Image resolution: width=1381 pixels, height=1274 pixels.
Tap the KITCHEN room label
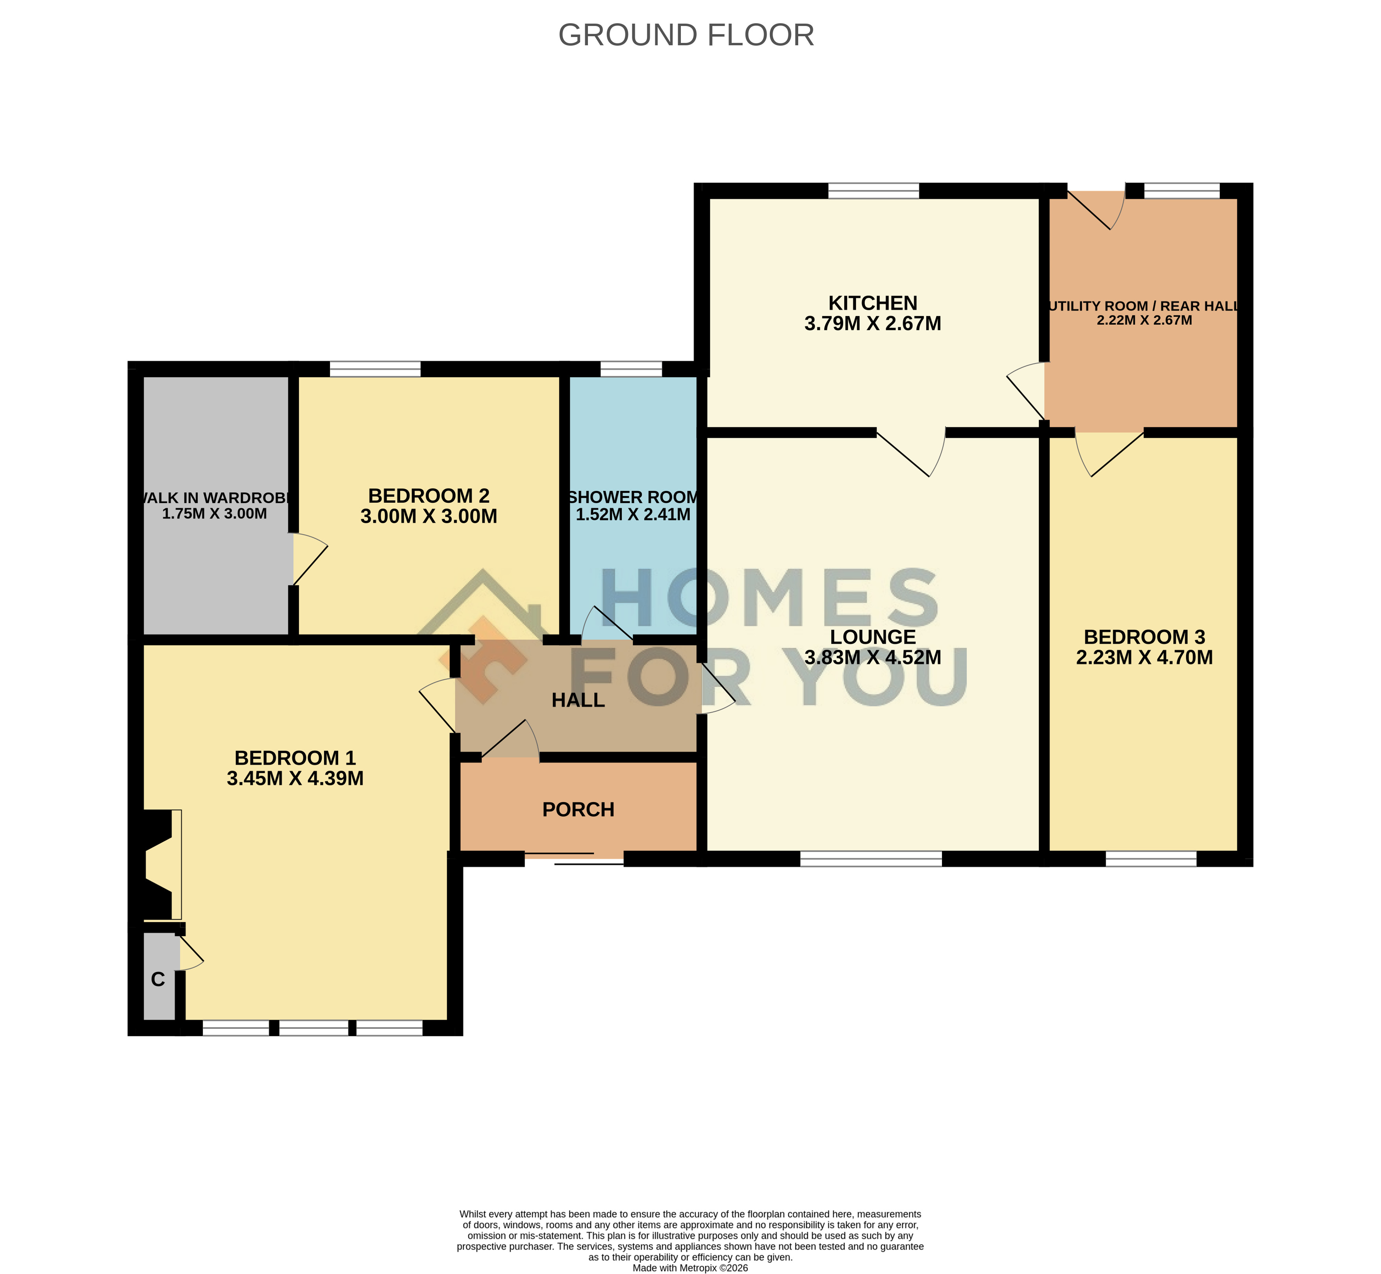pos(873,303)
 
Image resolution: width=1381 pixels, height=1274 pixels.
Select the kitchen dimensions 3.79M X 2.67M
pos(873,323)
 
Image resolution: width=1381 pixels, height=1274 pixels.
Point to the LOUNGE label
pos(873,637)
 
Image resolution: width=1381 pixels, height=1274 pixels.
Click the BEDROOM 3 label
pos(1144,637)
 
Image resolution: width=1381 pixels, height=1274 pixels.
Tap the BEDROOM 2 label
pos(429,496)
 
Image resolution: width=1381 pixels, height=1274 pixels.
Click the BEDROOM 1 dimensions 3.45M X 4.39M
pos(295,778)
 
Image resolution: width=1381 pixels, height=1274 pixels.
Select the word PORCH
pos(578,809)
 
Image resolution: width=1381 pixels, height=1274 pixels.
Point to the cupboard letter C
pos(158,980)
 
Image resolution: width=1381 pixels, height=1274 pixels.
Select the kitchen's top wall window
pos(873,190)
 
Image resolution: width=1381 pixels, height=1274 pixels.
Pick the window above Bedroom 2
pos(375,369)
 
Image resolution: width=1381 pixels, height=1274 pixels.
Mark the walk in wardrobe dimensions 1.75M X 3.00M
pos(215,514)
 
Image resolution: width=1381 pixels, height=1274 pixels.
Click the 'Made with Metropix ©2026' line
pos(690,1268)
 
